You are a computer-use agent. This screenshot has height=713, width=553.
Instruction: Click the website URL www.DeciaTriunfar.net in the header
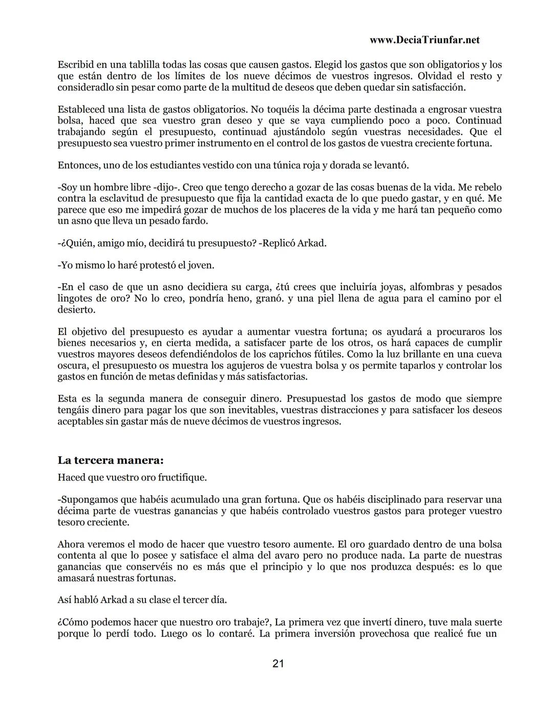tap(424, 40)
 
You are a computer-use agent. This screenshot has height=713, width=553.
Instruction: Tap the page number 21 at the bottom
tap(278, 664)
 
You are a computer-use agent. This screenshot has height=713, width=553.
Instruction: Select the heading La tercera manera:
tap(111, 460)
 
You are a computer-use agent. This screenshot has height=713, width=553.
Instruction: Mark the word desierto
tap(76, 309)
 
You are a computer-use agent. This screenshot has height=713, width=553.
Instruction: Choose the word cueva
tap(486, 354)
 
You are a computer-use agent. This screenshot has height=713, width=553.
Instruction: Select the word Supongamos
tap(88, 499)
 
